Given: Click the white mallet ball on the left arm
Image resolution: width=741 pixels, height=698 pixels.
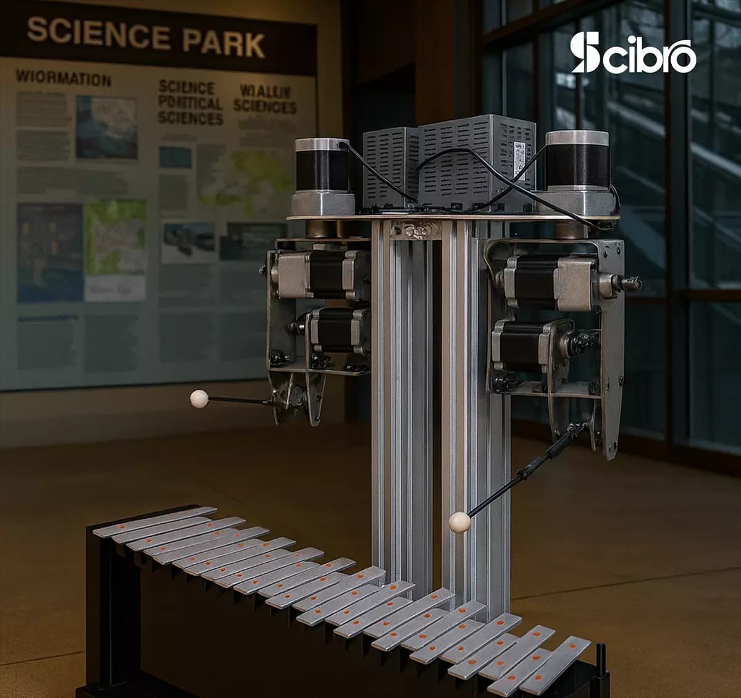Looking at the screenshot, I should click(199, 399).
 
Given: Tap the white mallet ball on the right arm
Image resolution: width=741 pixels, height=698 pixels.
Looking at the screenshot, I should click(459, 522).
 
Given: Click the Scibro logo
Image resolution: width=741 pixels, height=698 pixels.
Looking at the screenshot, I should click(633, 54).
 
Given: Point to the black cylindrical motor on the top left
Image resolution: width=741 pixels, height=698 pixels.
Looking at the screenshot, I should click(321, 166).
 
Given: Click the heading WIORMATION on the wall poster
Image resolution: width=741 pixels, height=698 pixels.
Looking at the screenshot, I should click(63, 78).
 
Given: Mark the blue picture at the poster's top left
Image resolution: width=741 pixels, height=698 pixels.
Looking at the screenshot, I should click(106, 127).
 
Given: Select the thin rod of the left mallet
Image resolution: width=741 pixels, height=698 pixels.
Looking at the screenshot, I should click(238, 400).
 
